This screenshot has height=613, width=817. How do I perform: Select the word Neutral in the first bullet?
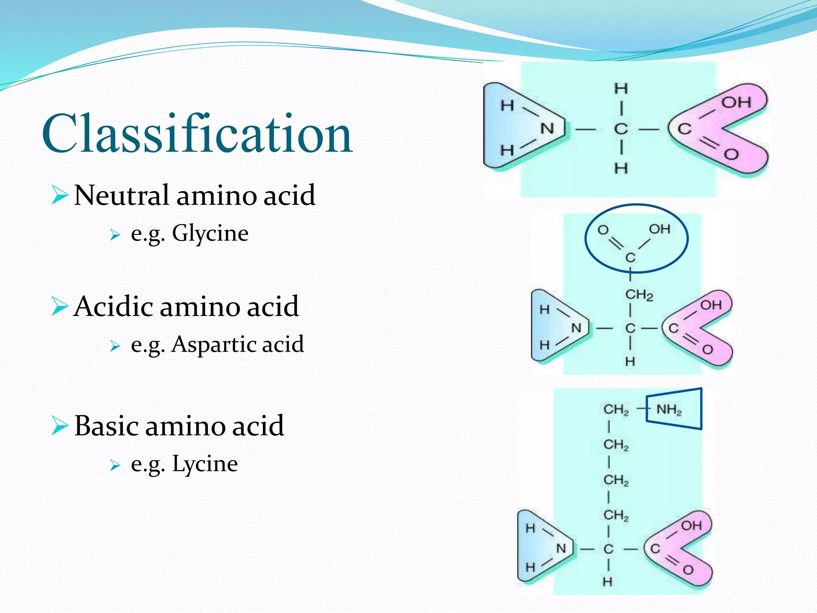(121, 196)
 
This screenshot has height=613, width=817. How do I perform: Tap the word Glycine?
(210, 233)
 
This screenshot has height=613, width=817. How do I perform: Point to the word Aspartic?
(213, 344)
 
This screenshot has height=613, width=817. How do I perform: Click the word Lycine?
(205, 464)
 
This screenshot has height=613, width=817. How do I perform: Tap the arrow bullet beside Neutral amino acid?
(59, 196)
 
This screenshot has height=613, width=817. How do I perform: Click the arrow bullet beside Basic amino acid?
(59, 426)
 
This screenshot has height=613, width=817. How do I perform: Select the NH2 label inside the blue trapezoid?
(669, 410)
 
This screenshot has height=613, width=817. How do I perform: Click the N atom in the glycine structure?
(547, 129)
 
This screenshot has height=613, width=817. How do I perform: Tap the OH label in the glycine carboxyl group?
(736, 103)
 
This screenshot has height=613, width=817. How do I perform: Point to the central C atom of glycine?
(621, 129)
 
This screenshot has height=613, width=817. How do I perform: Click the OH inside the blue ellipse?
(659, 229)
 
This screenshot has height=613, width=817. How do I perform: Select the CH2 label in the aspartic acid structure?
(639, 295)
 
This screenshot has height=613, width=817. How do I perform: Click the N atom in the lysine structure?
(561, 549)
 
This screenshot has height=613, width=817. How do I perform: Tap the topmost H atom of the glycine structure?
(621, 88)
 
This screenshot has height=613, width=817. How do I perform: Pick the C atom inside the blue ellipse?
(630, 258)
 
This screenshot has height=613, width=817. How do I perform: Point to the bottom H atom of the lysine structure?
(608, 582)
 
